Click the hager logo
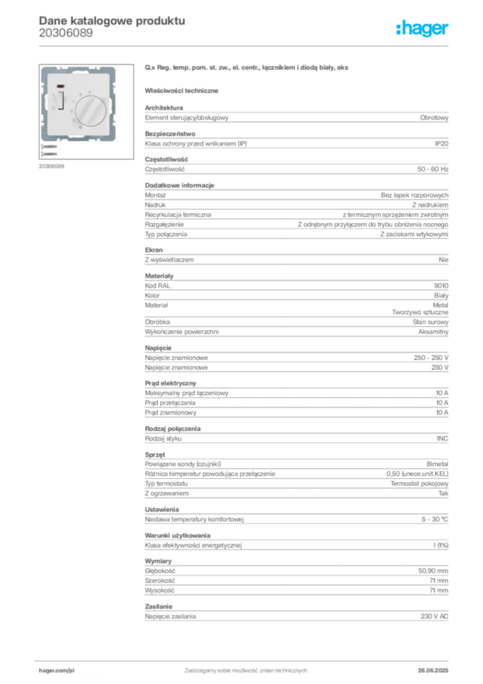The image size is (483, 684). [422, 29]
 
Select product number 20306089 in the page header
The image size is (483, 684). [66, 33]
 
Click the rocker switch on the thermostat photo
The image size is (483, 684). [61, 100]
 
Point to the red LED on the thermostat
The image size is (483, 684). [61, 86]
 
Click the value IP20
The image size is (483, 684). [441, 144]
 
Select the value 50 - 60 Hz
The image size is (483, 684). [432, 169]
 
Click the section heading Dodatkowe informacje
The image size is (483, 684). [179, 186]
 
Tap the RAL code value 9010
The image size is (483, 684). [441, 286]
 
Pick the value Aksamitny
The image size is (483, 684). [433, 332]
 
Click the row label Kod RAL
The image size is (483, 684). [157, 286]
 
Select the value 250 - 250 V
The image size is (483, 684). [431, 358]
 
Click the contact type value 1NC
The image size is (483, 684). [442, 438]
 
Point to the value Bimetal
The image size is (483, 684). [437, 464]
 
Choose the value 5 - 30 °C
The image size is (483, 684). [435, 520]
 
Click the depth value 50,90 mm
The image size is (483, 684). [433, 571]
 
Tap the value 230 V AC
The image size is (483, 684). [434, 617]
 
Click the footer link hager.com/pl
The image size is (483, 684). [57, 671]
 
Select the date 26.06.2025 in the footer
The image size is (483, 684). [433, 671]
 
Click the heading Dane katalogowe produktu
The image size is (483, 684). [112, 21]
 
